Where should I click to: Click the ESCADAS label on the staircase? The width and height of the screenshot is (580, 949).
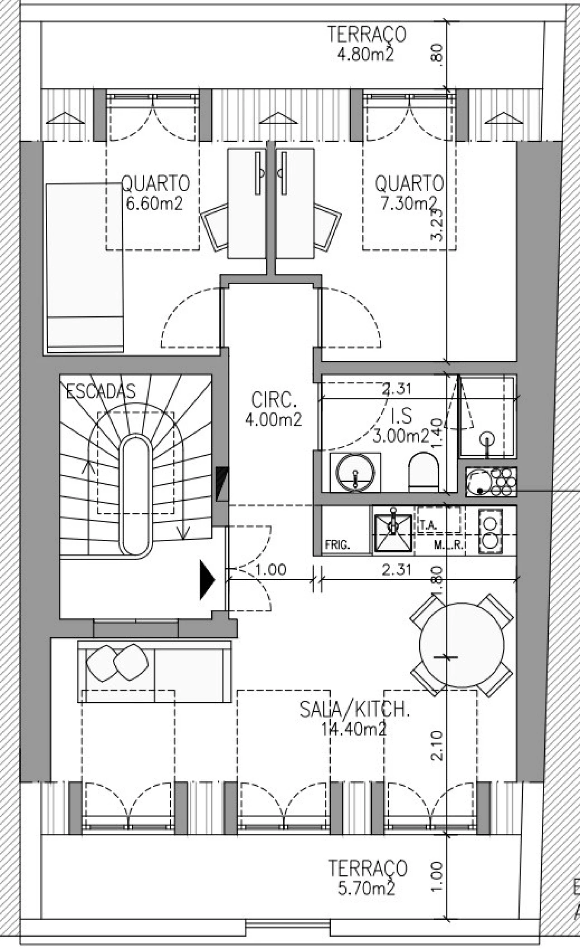pos(101,391)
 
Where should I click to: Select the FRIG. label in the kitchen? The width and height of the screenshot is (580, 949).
pos(338,545)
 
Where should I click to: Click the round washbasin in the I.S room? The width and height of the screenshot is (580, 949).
pos(355,472)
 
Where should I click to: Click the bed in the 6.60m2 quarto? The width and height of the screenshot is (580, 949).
pos(84,267)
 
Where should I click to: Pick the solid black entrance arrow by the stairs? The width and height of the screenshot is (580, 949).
pos(208,580)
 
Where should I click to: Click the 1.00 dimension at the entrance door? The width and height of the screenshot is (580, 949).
pos(271,570)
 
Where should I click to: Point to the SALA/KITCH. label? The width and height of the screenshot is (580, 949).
pos(354,709)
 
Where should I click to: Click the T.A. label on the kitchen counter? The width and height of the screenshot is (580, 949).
pos(428,525)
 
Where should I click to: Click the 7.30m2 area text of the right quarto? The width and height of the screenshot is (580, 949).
pos(408,204)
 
